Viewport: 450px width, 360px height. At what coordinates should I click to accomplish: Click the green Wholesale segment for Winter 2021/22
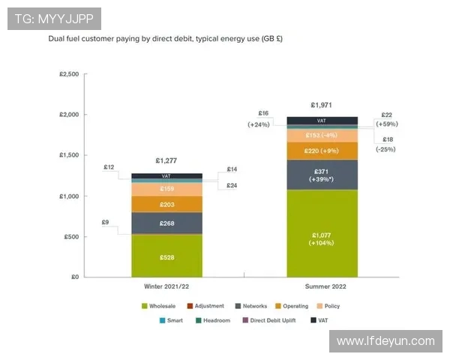click(166, 256)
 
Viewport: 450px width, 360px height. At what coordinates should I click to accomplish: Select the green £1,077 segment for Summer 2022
click(322, 233)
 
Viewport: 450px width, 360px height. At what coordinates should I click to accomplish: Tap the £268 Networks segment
click(166, 223)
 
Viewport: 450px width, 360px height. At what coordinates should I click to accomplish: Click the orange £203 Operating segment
click(166, 204)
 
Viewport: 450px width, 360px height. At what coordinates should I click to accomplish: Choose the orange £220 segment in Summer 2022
click(322, 151)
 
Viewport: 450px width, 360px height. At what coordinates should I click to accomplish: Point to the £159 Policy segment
click(166, 189)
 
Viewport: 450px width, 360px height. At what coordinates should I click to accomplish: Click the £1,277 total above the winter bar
click(167, 160)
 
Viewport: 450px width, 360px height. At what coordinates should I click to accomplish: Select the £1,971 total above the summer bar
click(322, 106)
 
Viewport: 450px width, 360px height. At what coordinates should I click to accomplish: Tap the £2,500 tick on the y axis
click(69, 74)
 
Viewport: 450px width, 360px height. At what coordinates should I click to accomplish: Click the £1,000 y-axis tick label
click(69, 196)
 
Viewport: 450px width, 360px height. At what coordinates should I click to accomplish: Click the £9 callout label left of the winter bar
click(105, 222)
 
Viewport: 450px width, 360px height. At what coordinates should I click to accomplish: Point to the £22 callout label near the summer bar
click(386, 115)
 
